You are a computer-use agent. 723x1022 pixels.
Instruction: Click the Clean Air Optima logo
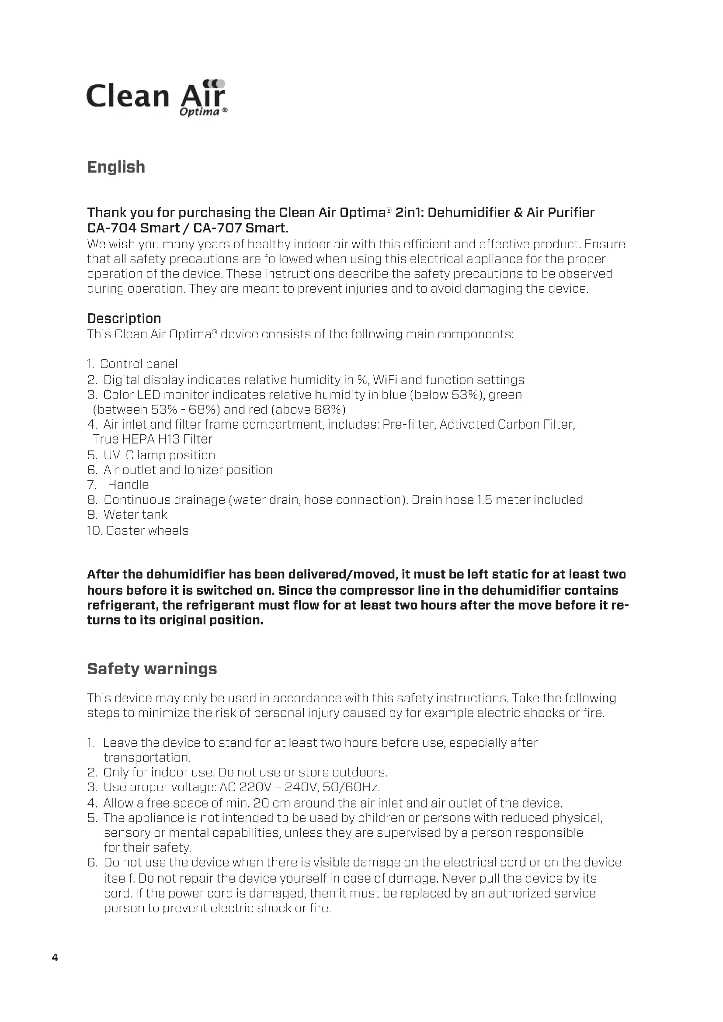click(157, 98)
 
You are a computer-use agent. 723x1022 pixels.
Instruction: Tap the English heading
click(116, 167)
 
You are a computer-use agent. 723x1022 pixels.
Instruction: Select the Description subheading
click(124, 318)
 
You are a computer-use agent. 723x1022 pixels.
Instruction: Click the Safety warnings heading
click(152, 669)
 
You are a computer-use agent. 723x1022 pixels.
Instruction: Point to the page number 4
click(55, 957)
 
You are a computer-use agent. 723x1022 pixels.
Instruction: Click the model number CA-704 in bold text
click(111, 228)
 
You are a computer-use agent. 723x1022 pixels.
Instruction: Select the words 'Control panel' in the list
click(139, 364)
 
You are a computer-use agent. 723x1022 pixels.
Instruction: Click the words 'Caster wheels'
click(147, 530)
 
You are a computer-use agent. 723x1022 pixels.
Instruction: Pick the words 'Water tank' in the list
click(136, 515)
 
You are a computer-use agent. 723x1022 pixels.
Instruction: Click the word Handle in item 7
click(128, 485)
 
